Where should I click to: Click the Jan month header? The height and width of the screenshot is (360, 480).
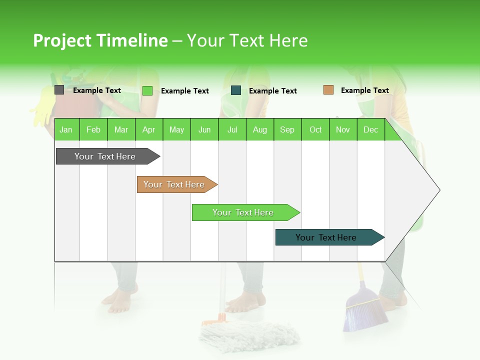[x=66, y=129]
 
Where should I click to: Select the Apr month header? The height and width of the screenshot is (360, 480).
[x=148, y=129]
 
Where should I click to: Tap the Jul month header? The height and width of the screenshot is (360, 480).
[x=232, y=129]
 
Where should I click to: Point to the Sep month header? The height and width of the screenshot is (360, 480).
[x=287, y=129]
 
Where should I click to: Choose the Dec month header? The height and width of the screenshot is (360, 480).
[x=370, y=129]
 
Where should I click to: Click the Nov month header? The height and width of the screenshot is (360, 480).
[x=342, y=129]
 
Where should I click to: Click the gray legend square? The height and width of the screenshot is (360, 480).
[x=59, y=90]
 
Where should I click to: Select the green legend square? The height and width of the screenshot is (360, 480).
[x=147, y=90]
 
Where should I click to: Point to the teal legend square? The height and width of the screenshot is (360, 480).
[x=236, y=90]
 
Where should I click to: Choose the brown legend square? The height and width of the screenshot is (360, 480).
[x=328, y=90]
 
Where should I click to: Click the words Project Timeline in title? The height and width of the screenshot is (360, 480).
[x=100, y=40]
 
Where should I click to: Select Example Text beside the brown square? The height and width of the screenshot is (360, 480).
[x=364, y=90]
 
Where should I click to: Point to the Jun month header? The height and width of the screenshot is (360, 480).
[x=204, y=129]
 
